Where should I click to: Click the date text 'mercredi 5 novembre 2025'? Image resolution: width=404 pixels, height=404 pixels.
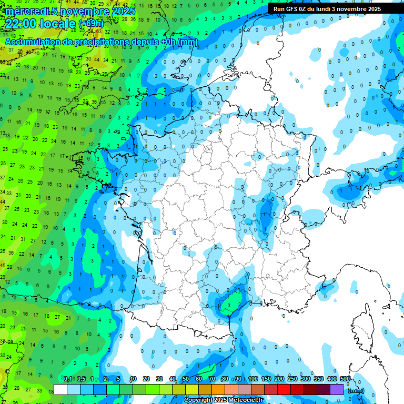point(70,11)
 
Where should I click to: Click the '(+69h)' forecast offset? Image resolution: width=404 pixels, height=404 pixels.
point(91,24)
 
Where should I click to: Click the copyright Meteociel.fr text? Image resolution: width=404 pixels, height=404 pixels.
point(223,400)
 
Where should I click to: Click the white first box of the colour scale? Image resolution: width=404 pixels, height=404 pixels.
point(60,390)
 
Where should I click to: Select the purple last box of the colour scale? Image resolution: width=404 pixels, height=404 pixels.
point(337,390)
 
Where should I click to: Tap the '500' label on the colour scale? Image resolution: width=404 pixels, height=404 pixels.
point(345,379)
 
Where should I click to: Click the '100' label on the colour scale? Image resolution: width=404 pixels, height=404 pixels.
point(253,379)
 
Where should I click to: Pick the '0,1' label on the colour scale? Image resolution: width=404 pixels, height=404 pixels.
point(68,379)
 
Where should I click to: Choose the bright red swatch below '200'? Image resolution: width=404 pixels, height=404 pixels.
point(285,390)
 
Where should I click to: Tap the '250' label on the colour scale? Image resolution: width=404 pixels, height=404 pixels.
point(292,379)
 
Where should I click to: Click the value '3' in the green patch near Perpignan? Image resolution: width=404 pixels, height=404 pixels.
point(229,304)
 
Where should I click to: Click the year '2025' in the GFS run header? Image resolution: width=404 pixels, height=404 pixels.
point(374,9)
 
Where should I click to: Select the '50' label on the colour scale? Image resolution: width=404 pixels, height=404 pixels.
point(186,379)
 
